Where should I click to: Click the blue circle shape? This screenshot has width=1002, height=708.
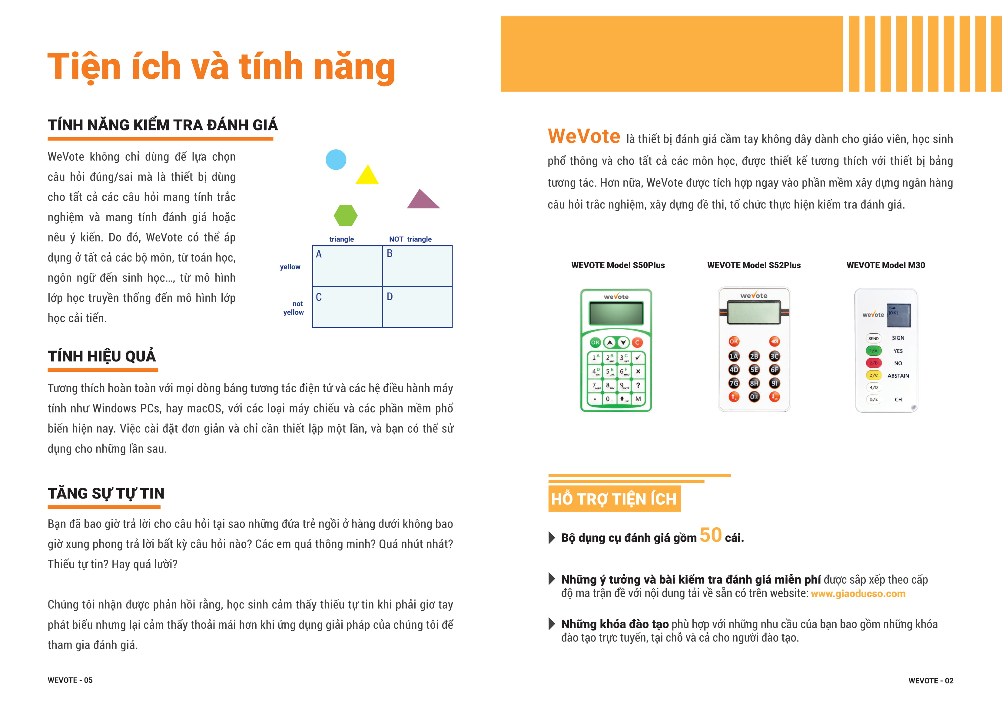pos(336,160)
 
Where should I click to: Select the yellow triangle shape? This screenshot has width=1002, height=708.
pos(367,176)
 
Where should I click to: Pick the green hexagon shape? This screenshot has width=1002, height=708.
pos(346,216)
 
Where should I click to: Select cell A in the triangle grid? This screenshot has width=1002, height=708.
pos(347,266)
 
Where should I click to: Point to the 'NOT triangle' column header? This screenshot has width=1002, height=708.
pos(410,239)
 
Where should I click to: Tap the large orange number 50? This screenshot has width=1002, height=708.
pos(711,535)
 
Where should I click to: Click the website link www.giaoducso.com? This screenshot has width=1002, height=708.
pos(858,594)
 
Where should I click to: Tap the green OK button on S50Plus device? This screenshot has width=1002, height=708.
pos(595,342)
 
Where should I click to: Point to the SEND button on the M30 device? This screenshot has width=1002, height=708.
pos(873,338)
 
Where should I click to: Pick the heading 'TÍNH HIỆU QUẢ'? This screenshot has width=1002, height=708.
pos(102,356)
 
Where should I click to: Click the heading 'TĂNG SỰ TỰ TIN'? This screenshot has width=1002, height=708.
pos(106,493)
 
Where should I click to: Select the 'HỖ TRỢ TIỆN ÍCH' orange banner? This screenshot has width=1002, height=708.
pos(614,499)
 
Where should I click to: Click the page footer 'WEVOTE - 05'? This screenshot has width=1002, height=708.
pos(70,680)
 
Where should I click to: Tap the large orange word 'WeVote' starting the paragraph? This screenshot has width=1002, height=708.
pos(584,136)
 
